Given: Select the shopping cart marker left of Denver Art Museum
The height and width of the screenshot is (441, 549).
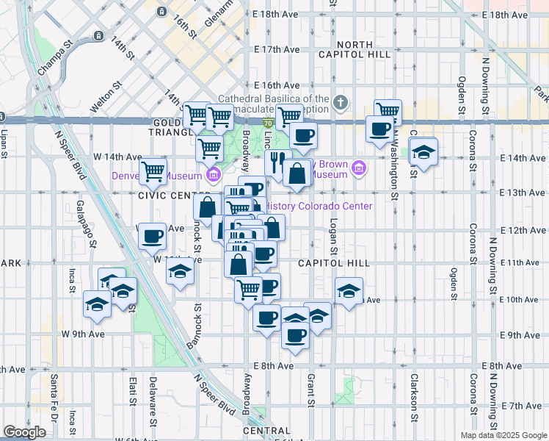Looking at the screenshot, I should tap(153, 171).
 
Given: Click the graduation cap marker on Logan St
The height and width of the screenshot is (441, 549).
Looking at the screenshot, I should tap(349, 289).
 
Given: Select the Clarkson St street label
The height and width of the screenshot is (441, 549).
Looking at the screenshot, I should tap(415, 394).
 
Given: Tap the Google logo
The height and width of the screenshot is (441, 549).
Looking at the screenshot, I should tap(24, 432).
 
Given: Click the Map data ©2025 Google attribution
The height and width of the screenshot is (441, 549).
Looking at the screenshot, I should tap(503, 435).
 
